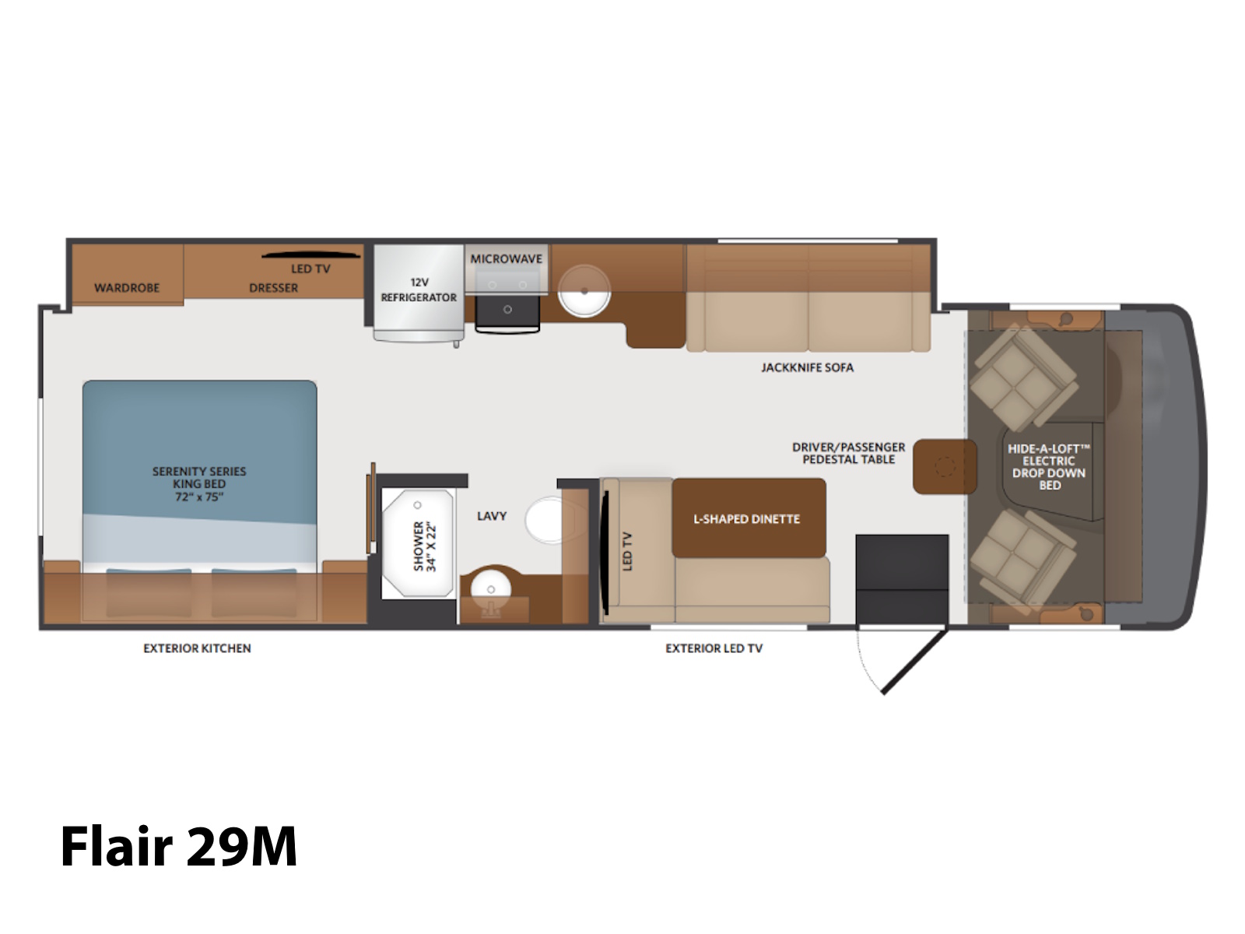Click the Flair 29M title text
coord(179,847)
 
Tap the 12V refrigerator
coord(419,293)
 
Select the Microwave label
coord(506,258)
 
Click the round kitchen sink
coord(584,291)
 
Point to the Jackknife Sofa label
coord(807,367)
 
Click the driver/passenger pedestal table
coord(945,466)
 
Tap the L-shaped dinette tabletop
coord(749,518)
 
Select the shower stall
coord(418,542)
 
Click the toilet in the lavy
coord(548,519)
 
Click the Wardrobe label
coord(127,287)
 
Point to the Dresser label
coord(273,287)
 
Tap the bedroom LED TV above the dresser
coord(310,255)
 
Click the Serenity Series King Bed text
coord(199,483)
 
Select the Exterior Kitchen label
coord(197,648)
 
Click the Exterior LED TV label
coord(714,648)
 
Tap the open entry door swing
coord(914,662)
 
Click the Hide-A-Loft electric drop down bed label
coord(1049,467)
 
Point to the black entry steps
coord(902,578)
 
